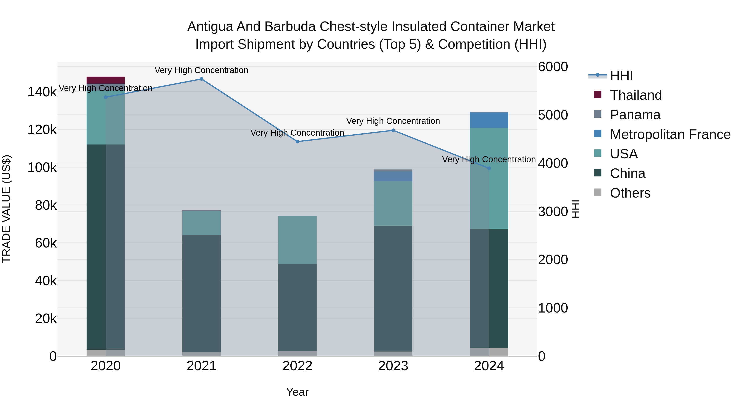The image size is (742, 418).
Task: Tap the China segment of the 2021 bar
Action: [201, 293]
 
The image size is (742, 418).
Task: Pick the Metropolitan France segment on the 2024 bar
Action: [489, 120]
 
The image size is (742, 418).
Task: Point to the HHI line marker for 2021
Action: [201, 79]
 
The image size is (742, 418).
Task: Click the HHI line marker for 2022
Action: [297, 142]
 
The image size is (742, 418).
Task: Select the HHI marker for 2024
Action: [489, 168]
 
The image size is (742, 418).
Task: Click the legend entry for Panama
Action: [635, 115]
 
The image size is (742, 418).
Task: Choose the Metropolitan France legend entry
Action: [670, 134]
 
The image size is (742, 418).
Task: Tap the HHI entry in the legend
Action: [621, 76]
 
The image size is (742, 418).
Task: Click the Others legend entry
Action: [630, 193]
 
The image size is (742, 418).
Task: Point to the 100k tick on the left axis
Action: [42, 168]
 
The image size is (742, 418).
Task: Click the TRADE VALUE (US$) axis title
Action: [6, 209]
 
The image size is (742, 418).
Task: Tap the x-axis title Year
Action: [297, 392]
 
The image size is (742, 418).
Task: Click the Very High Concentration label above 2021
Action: [201, 70]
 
